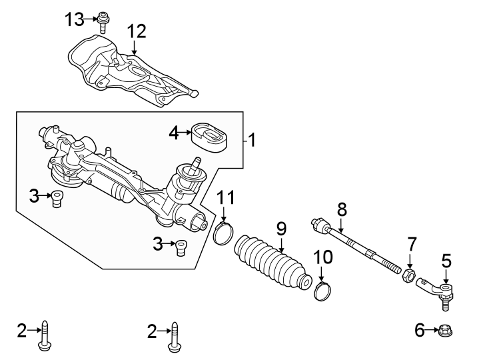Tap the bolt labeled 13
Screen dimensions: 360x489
click(x=103, y=21)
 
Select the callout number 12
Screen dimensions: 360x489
click(x=137, y=31)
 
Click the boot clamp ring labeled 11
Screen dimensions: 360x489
click(x=224, y=233)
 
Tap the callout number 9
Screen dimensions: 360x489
click(x=281, y=227)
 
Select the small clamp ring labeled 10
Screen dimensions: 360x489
click(x=322, y=291)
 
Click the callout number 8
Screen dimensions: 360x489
click(x=342, y=209)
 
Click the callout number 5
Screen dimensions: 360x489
click(x=446, y=260)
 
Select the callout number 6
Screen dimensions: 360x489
click(x=419, y=329)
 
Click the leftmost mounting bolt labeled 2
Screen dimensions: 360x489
click(x=45, y=333)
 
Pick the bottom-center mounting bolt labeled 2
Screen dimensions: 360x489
click(x=175, y=333)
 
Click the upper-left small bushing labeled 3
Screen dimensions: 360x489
click(x=58, y=198)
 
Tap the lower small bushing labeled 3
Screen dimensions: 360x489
click(x=181, y=247)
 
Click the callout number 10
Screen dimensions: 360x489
click(x=322, y=255)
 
